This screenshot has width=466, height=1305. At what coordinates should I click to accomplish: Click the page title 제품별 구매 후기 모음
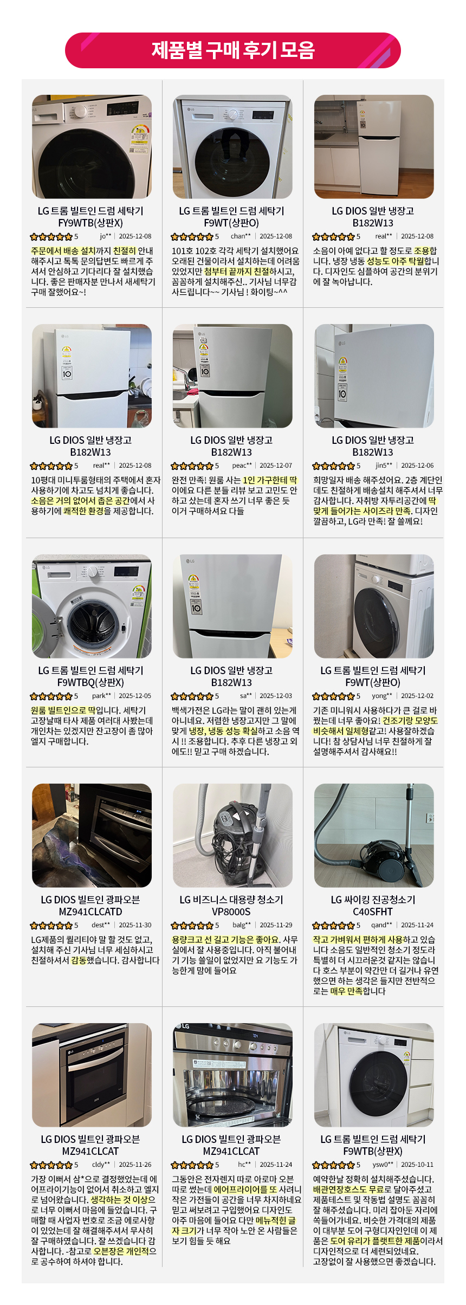[x=233, y=50]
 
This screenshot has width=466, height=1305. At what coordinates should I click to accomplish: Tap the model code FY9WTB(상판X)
[x=90, y=223]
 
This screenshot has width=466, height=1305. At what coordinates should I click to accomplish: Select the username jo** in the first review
[x=105, y=236]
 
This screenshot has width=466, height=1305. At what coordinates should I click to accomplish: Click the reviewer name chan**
[x=241, y=236]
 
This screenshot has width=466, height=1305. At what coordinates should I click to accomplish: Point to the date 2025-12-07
[x=276, y=466]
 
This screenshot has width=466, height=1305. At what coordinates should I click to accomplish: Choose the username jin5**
[x=384, y=466]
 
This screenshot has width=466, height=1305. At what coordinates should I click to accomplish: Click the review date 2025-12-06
[x=417, y=466]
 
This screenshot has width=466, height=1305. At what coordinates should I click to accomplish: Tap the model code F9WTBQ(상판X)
[x=90, y=682]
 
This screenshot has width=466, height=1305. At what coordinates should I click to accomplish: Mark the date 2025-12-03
[x=276, y=696]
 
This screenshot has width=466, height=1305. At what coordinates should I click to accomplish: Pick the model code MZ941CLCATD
[x=90, y=912]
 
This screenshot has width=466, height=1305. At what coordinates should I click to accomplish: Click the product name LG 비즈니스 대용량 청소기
[x=231, y=900]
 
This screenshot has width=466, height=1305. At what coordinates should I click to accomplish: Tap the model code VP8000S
[x=231, y=912]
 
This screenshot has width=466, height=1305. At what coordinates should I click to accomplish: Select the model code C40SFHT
[x=373, y=912]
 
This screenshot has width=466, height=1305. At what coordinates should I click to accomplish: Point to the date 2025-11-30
[x=135, y=925]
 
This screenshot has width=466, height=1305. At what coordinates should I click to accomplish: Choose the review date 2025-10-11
[x=417, y=1165]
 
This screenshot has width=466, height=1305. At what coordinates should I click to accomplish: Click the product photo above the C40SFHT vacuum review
[x=374, y=835]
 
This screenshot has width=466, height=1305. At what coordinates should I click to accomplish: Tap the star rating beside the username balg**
[x=192, y=925]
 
